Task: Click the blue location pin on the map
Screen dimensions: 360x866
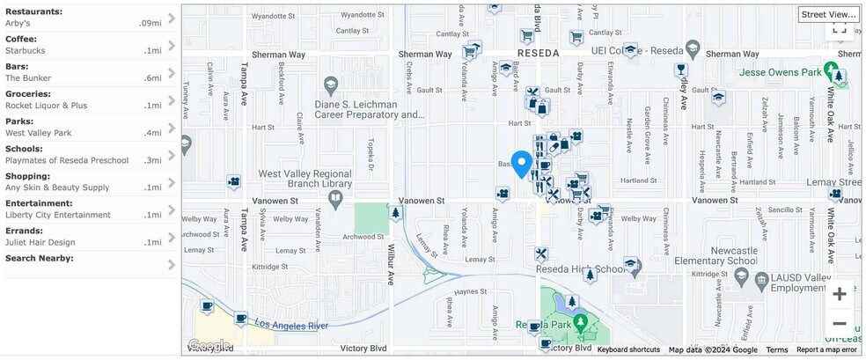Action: click(522, 164)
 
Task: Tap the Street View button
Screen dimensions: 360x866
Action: click(828, 14)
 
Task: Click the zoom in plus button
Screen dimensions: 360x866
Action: click(840, 294)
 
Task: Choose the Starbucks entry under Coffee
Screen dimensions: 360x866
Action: click(26, 50)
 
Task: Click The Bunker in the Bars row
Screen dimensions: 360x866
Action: click(28, 78)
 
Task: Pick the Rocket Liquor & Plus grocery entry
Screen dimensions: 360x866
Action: click(47, 106)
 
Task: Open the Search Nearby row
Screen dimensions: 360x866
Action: click(40, 258)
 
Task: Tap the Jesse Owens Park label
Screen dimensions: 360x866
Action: click(781, 71)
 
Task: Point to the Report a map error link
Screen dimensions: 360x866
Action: click(827, 349)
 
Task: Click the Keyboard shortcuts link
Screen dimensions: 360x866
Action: click(628, 349)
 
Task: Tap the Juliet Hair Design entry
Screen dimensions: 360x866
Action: click(40, 242)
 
